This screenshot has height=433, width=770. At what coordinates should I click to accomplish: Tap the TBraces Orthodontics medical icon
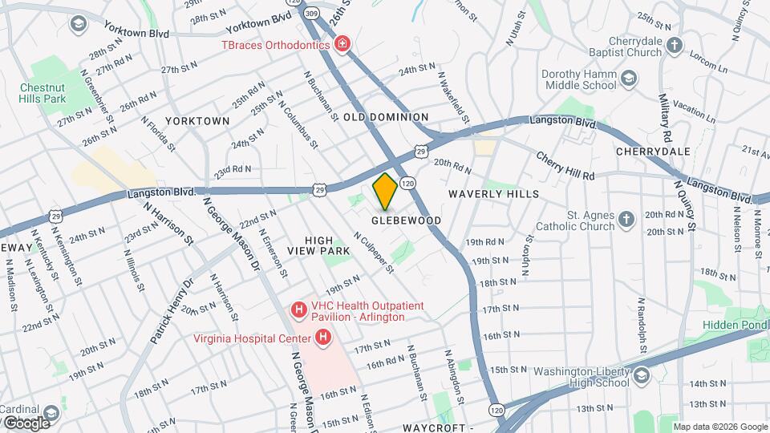click(x=343, y=44)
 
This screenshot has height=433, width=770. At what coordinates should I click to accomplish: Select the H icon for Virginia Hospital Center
click(x=322, y=338)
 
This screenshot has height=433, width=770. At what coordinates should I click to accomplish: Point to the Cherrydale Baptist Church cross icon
click(x=675, y=45)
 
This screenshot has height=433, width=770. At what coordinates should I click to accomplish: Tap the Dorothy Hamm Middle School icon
click(x=630, y=78)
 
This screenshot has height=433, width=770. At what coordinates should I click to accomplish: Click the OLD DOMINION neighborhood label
click(x=386, y=117)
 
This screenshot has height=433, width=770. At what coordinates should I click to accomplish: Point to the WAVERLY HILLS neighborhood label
click(x=493, y=194)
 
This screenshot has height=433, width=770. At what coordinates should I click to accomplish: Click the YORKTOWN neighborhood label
click(x=197, y=120)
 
